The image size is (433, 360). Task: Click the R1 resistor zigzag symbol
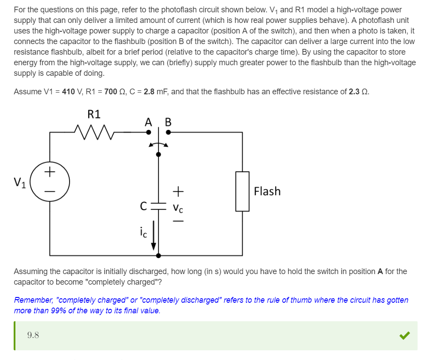pos(94,131)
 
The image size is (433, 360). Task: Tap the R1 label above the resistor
pos(94,115)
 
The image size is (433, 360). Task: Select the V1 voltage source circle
pos(50,182)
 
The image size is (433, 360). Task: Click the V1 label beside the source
pos(20,182)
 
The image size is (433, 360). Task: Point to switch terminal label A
pos(149,122)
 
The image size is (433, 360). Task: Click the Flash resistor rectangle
pos(242,191)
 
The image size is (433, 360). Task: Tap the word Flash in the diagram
pos(267,191)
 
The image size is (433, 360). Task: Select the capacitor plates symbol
pos(159,207)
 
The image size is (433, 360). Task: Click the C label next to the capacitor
pos(143,205)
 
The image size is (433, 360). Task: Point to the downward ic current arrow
pos(154,238)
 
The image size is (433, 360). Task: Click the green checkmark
pos(404,336)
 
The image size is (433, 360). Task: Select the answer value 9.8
pos(33,335)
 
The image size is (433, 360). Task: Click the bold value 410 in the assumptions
pos(68,92)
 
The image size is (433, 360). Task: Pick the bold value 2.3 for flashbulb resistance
pos(354,92)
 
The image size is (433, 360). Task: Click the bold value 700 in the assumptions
pos(111,92)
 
